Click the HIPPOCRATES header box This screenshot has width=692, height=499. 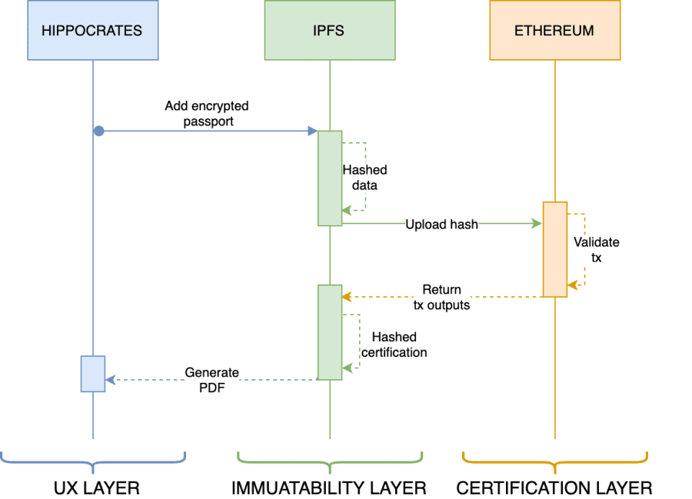(x=93, y=30)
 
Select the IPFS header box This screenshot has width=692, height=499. (x=330, y=30)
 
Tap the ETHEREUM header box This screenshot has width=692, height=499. (x=554, y=30)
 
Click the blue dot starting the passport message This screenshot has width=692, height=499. (x=99, y=131)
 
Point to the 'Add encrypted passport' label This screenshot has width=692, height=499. (x=207, y=113)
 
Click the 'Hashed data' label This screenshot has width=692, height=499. (x=365, y=178)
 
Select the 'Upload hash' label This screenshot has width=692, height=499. (x=442, y=225)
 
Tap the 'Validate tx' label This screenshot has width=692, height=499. (x=596, y=250)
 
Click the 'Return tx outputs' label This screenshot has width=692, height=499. (x=442, y=297)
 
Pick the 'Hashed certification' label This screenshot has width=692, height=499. (x=394, y=344)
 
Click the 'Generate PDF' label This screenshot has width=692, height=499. (x=212, y=380)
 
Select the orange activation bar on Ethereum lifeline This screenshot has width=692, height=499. (x=554, y=249)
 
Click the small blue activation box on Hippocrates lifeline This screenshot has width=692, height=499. (x=93, y=374)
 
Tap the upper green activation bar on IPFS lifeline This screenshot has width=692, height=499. (x=330, y=178)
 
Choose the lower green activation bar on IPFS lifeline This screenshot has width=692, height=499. (x=330, y=332)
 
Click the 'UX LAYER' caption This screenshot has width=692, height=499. (x=97, y=488)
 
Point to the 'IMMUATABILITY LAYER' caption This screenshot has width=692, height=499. (x=329, y=488)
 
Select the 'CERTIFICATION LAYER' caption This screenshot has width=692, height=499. (x=554, y=488)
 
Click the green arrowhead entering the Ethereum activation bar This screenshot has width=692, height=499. (x=537, y=224)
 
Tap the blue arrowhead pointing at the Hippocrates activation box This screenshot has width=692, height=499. (x=111, y=380)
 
